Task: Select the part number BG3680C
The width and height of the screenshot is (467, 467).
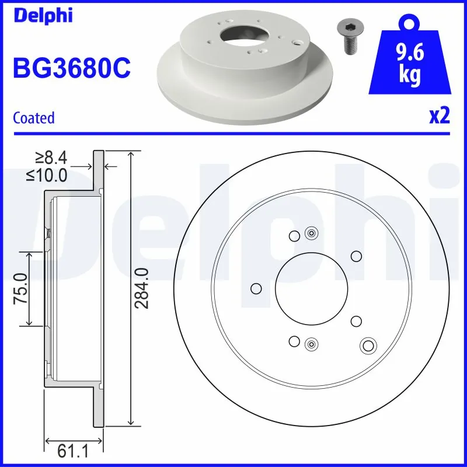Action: pyautogui.click(x=72, y=68)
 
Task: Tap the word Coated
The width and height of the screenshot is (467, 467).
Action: pyautogui.click(x=33, y=118)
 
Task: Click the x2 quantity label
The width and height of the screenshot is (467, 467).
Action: pyautogui.click(x=439, y=116)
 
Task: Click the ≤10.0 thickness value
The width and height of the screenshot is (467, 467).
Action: pyautogui.click(x=47, y=174)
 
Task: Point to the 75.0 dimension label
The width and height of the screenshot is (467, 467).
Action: pyautogui.click(x=22, y=288)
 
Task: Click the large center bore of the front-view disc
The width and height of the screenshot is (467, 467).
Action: pyautogui.click(x=312, y=288)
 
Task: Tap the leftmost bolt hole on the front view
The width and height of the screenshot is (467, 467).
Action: pyautogui.click(x=255, y=288)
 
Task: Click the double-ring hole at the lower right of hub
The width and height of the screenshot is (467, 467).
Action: pyautogui.click(x=368, y=345)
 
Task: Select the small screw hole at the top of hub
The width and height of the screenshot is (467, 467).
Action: pyautogui.click(x=311, y=234)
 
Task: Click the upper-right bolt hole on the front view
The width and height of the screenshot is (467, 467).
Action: pyautogui.click(x=356, y=256)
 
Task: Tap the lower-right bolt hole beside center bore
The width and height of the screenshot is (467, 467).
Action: pyautogui.click(x=356, y=320)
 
